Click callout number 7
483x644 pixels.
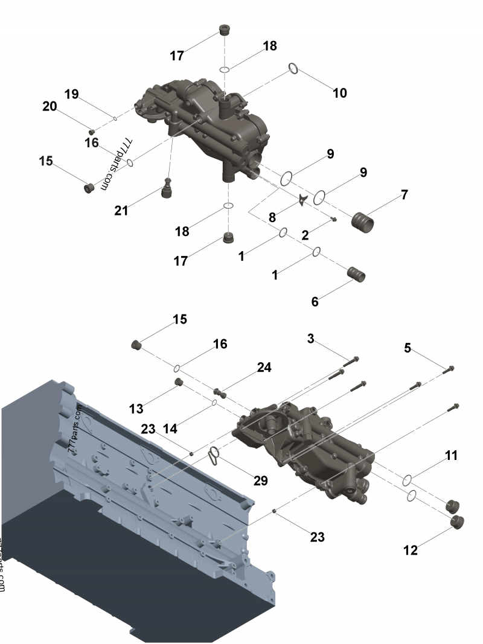click(405, 195)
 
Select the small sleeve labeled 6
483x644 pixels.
click(356, 273)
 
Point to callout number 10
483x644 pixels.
click(340, 93)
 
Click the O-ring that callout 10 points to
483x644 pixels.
click(292, 69)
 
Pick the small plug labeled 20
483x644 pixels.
click(92, 131)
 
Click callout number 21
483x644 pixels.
click(122, 210)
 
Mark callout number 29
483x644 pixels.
click(260, 480)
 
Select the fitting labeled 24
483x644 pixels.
click(222, 392)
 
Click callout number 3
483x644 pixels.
click(310, 339)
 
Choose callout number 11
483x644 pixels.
click(451, 456)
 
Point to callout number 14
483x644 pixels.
click(170, 429)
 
